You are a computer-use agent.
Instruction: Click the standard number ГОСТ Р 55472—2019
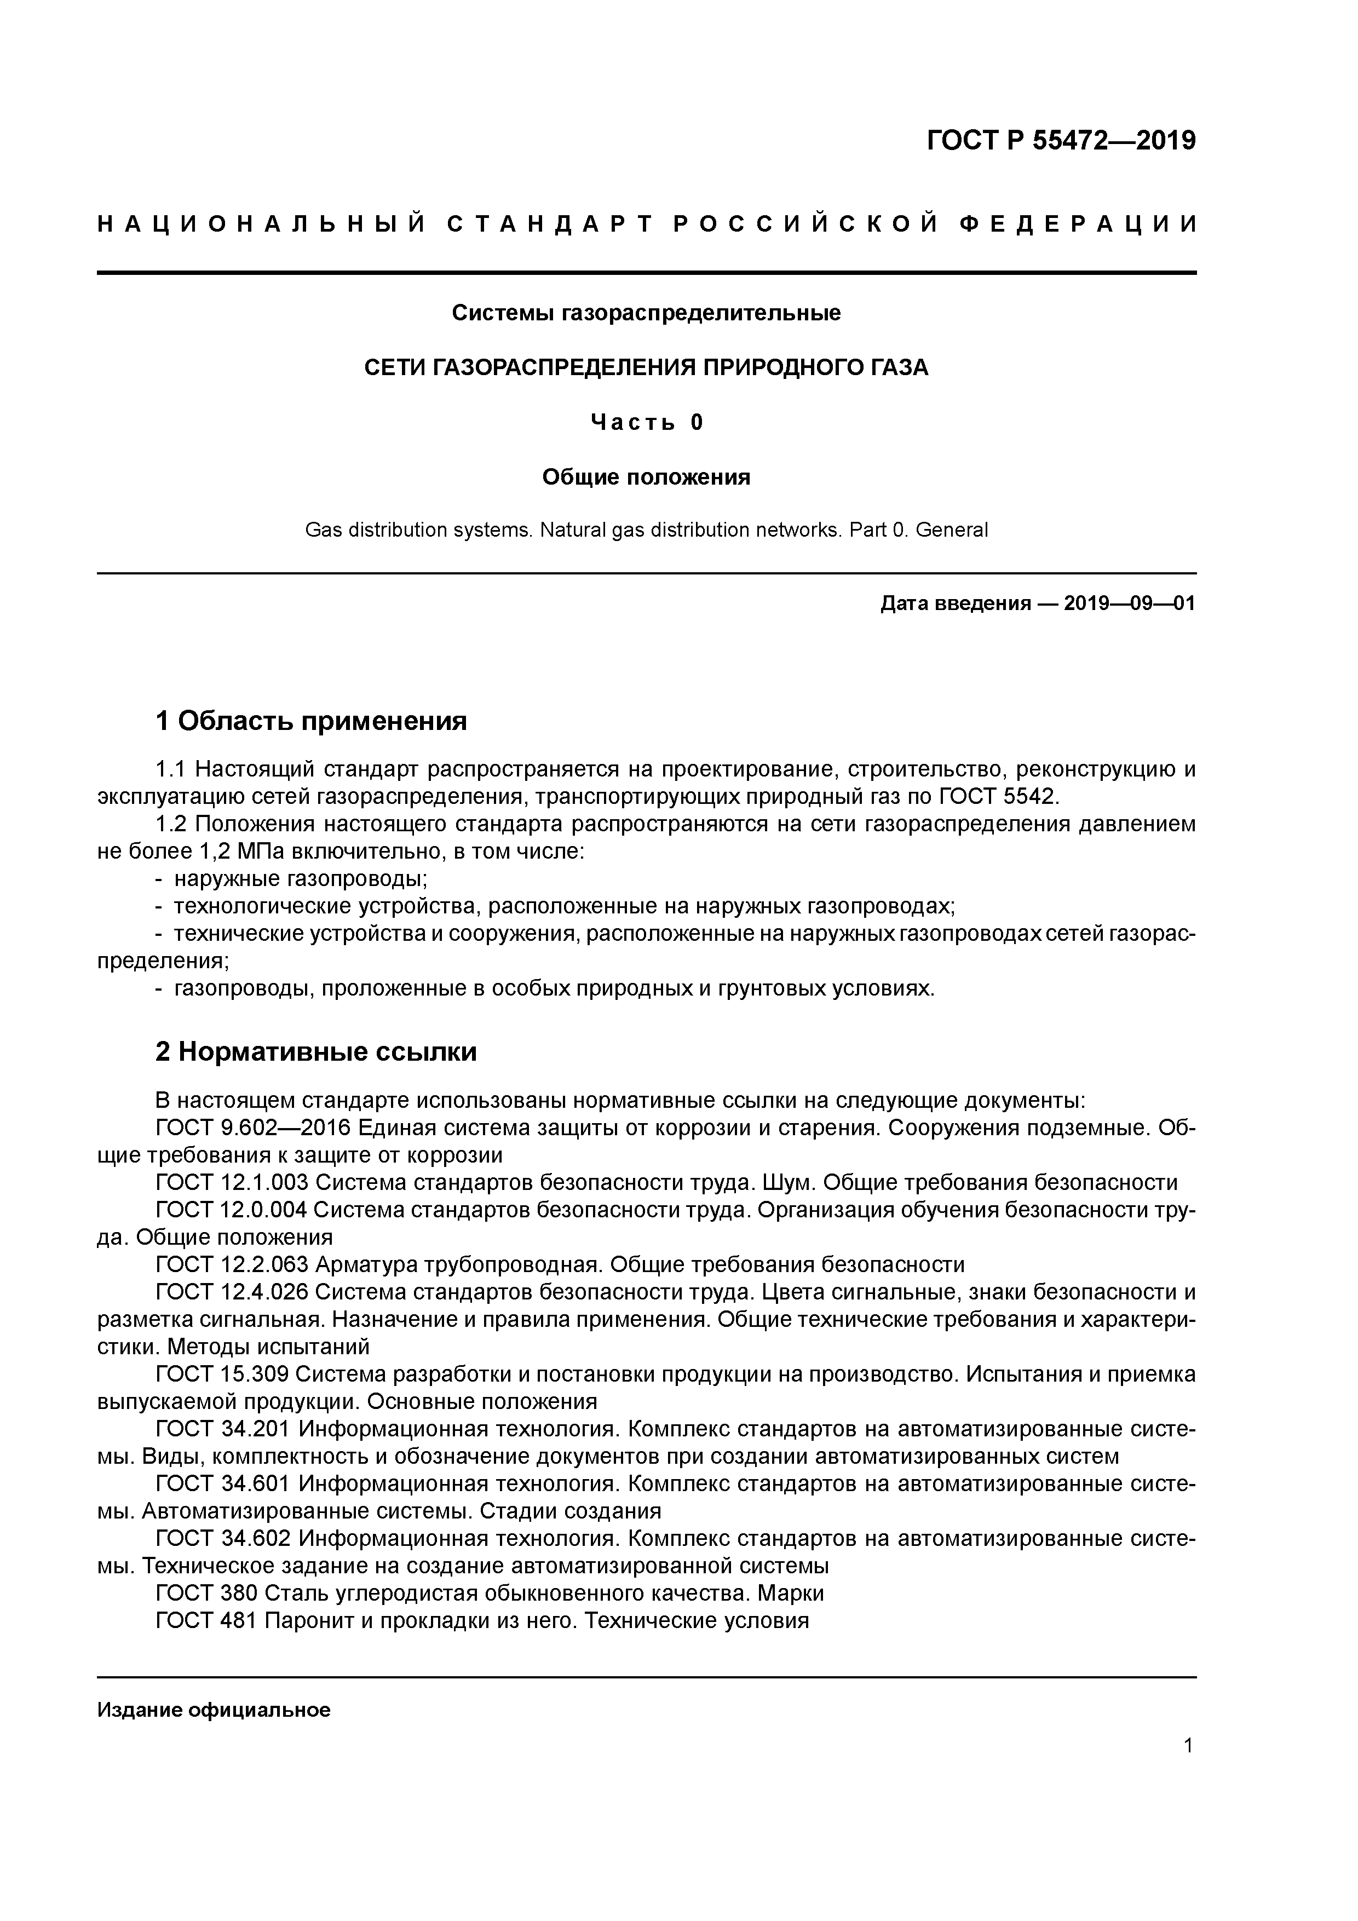tap(1061, 141)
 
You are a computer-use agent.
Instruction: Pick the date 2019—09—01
tap(1130, 603)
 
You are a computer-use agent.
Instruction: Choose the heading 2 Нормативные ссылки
tap(317, 1052)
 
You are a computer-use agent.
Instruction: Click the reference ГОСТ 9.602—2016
tap(254, 1128)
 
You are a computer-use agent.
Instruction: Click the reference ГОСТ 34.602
tap(222, 1539)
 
